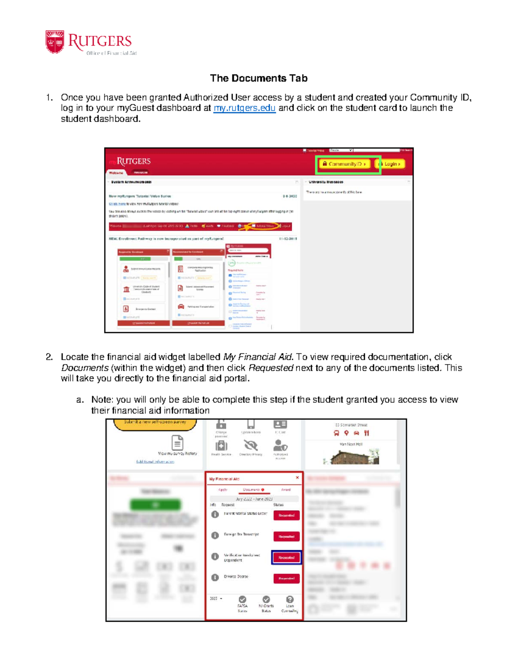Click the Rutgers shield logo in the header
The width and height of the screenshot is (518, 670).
[x=55, y=42]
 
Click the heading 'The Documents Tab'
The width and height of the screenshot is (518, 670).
[x=259, y=78]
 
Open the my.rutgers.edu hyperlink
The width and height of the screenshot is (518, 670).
[x=244, y=108]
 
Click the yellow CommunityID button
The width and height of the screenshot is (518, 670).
[x=344, y=164]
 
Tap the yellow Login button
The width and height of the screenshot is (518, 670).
[x=390, y=164]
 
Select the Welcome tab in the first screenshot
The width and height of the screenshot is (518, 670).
[x=116, y=173]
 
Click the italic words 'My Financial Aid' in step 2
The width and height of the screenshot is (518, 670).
[x=258, y=357]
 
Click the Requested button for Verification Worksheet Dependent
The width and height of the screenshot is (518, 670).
[x=286, y=557]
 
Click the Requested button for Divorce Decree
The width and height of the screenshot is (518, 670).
[x=286, y=579]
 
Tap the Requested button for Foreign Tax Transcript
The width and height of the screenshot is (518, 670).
[x=286, y=536]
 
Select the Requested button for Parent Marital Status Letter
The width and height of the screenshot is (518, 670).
[x=286, y=515]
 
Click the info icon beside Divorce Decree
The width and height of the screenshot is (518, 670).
[x=215, y=578]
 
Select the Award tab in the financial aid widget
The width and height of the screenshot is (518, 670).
[x=286, y=490]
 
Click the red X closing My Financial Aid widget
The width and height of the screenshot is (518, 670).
[x=297, y=478]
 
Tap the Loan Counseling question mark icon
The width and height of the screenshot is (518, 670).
[x=290, y=600]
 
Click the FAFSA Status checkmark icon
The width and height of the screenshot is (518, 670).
[x=243, y=600]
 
